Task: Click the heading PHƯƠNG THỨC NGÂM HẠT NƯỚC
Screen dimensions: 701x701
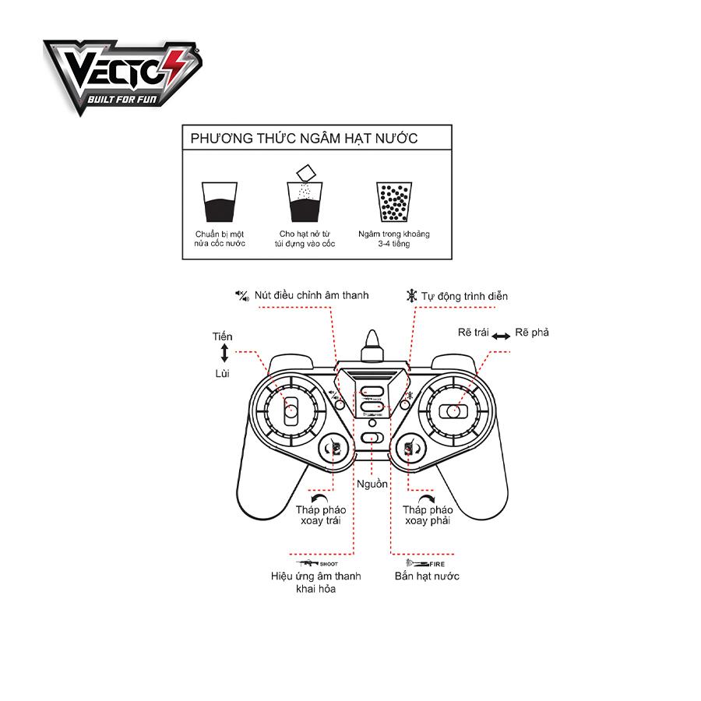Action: [x=304, y=139]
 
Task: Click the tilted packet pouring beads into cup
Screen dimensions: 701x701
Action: [x=304, y=172]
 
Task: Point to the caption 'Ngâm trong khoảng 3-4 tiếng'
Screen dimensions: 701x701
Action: [x=393, y=238]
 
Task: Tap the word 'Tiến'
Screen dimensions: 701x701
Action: [x=223, y=336]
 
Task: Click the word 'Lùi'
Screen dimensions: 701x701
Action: [x=224, y=374]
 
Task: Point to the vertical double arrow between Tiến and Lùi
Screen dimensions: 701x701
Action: [x=224, y=354]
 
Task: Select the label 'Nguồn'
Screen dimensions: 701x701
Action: [x=372, y=484]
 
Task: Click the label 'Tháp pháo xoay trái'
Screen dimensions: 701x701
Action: [x=320, y=515]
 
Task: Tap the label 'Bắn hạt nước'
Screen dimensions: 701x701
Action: [x=427, y=576]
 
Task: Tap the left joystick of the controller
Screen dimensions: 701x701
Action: [x=291, y=410]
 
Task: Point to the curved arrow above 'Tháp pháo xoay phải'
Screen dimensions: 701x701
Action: [x=425, y=498]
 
